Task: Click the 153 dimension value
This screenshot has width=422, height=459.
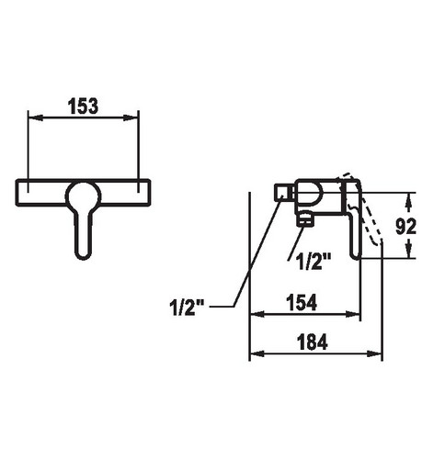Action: click(x=83, y=106)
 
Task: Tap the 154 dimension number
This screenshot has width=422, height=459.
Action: click(x=302, y=303)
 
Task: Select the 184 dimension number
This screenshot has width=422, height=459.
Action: click(x=313, y=341)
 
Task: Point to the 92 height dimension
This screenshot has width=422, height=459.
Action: click(x=405, y=227)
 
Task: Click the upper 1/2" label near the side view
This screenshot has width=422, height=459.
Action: click(x=314, y=262)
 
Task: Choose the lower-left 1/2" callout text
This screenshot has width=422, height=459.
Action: click(x=187, y=307)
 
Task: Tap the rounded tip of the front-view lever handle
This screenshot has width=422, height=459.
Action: click(x=83, y=255)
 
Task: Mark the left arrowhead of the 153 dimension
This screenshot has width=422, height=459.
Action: click(x=35, y=118)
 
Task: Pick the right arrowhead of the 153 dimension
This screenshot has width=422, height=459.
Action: click(x=131, y=118)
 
